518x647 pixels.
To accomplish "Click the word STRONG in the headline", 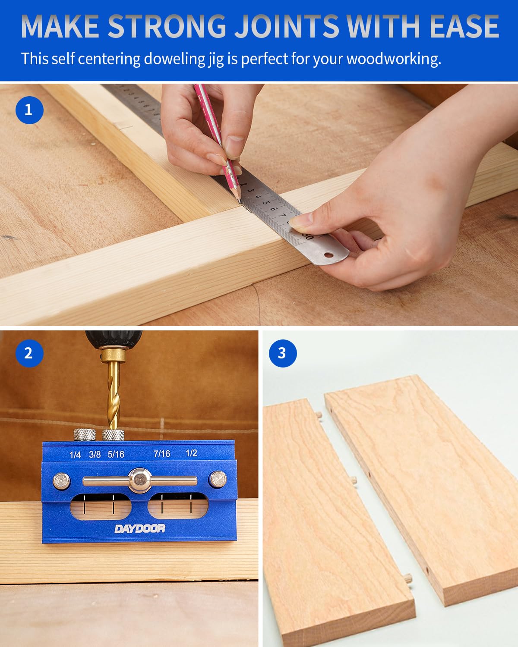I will coord(167,26).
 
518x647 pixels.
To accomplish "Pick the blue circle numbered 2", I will coord(29,353).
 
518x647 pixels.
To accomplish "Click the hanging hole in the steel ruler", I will coord(329,255).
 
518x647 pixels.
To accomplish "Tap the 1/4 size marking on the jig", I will coord(75,455).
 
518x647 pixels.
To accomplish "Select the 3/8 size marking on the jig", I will coord(95,455).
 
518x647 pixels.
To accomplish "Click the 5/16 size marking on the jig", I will coord(116,455).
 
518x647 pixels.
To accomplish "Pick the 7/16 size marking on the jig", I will coord(162,454).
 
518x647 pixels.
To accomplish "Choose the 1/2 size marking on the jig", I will coord(191,453).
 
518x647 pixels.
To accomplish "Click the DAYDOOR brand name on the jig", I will coord(139,529).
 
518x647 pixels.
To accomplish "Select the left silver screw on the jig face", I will coord(61,481).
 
